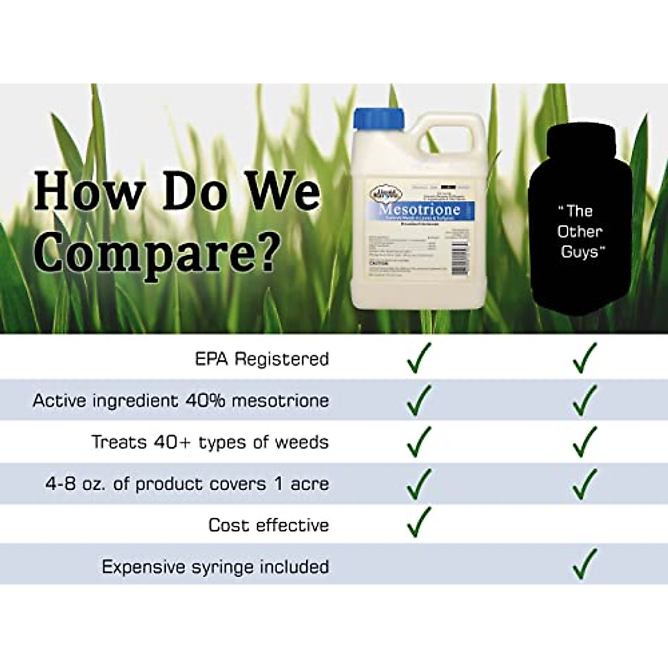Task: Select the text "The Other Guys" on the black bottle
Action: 579,232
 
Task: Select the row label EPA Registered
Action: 262,359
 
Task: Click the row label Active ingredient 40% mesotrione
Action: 181,401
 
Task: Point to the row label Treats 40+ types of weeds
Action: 210,443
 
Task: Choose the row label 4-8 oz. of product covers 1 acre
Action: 186,484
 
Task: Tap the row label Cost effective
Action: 268,525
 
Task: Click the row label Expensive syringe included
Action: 215,567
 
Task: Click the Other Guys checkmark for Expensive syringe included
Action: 584,563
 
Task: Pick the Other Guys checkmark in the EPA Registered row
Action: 584,357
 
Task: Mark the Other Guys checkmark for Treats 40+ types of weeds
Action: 584,441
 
